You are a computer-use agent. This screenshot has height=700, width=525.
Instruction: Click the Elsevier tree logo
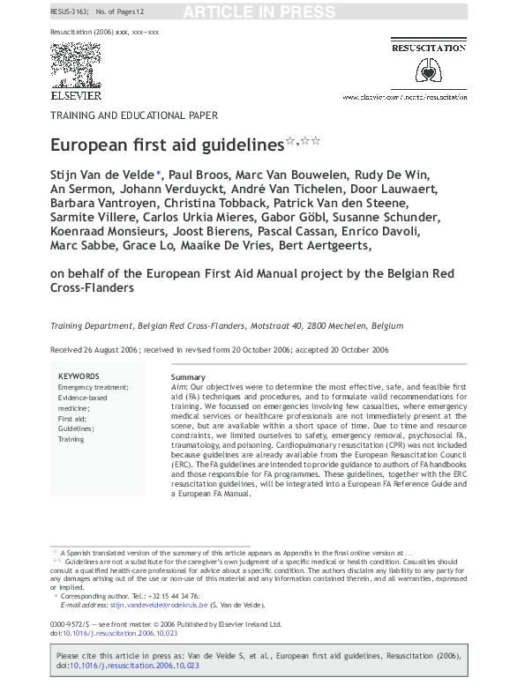75,65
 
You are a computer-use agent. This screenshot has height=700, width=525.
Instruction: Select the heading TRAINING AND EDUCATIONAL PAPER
133,115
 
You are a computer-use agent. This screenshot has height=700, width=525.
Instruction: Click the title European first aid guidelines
167,143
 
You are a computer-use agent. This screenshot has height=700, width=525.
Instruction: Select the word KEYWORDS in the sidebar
79,376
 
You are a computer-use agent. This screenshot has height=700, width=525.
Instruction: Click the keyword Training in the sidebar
71,438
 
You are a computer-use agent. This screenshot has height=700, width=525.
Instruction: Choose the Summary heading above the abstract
188,377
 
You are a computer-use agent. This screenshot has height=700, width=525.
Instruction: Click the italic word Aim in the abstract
179,387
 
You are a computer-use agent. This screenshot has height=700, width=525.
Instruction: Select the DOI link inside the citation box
135,667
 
